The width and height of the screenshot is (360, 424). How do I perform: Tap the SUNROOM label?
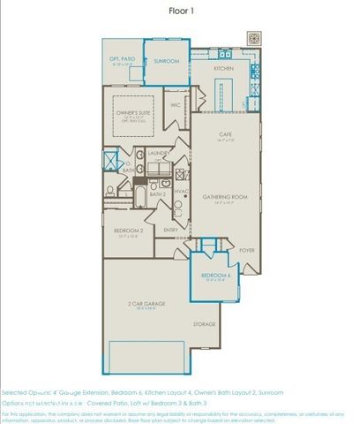coord(167,62)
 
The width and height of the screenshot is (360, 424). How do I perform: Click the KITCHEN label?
coord(223,68)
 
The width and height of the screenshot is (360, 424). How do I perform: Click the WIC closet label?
coord(176,105)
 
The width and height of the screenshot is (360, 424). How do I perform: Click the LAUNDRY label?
coord(159,153)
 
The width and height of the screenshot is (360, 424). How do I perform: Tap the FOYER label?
coord(246,251)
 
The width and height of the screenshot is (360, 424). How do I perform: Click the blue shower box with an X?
coord(111,162)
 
